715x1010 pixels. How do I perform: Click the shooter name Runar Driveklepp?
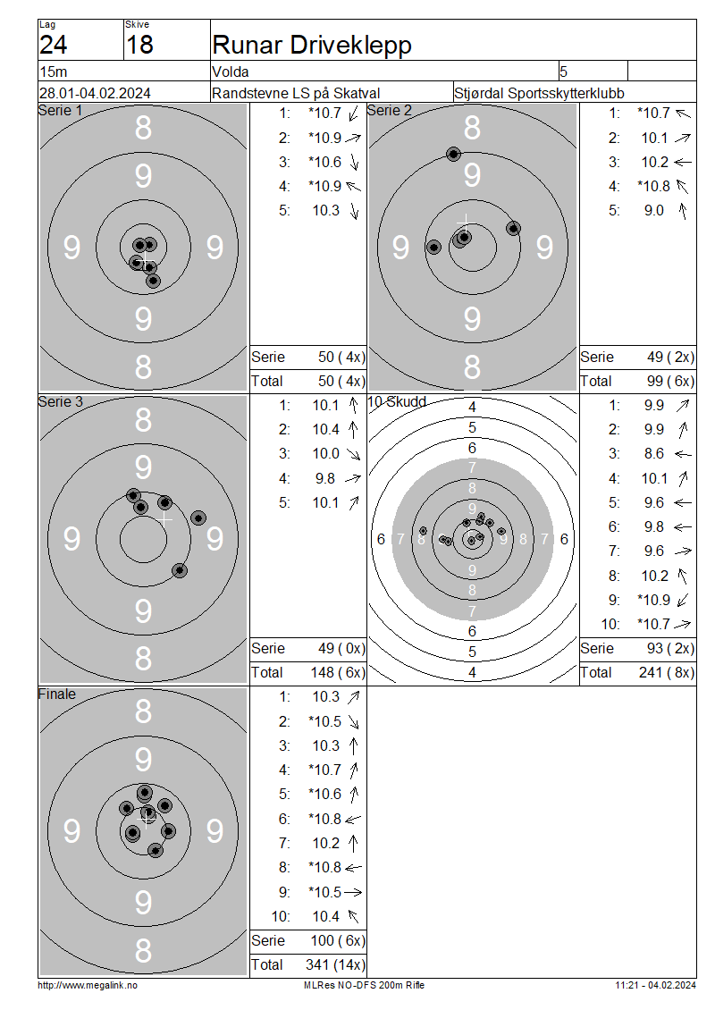tap(312, 45)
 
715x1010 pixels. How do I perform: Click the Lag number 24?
tap(53, 45)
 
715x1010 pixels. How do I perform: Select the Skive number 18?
tap(139, 45)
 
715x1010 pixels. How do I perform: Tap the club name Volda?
tap(231, 72)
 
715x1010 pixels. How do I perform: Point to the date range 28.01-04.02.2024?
tap(96, 93)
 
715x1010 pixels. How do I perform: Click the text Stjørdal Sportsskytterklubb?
tap(539, 93)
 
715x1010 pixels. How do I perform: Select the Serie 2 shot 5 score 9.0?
tap(654, 211)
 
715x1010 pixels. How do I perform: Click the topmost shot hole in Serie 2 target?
tap(453, 154)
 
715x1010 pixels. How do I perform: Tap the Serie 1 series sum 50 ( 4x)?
tap(341, 357)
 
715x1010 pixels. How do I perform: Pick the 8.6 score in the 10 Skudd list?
tap(654, 453)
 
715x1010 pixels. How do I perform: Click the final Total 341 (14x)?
tap(335, 964)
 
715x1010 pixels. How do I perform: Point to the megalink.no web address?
tap(88, 985)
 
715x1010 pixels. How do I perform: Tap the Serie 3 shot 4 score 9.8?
tap(325, 478)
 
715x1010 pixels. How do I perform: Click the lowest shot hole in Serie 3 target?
tap(180, 570)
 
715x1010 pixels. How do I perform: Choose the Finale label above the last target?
tap(56, 694)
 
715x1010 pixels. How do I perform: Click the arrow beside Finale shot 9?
tap(353, 892)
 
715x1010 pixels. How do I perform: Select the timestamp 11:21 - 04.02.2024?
tap(655, 985)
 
